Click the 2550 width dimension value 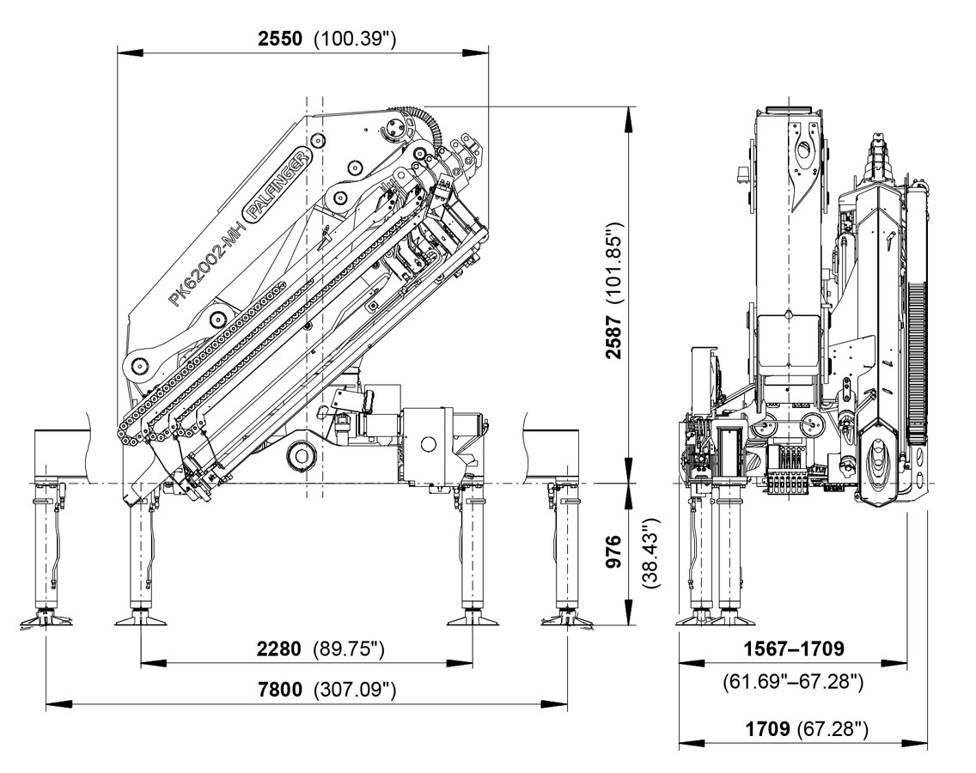(x=280, y=39)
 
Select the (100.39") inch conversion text (x=355, y=39)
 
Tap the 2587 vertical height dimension (x=613, y=337)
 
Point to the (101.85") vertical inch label (x=613, y=262)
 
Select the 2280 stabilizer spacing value (x=279, y=649)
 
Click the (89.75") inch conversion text (x=349, y=649)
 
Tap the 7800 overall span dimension (x=280, y=690)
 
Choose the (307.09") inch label (x=355, y=690)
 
